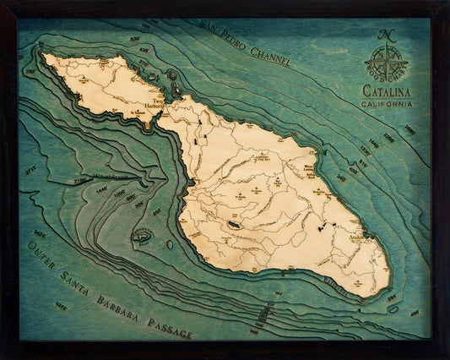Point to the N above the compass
pos(388,35)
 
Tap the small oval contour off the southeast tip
pos(394,309)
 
